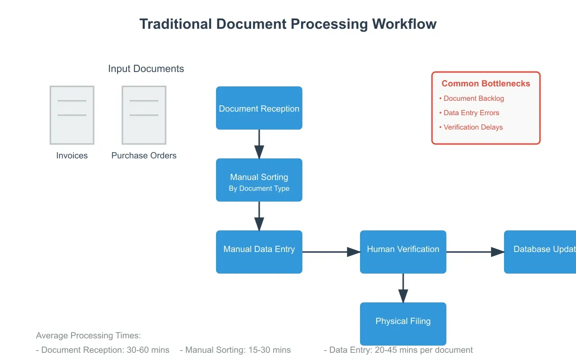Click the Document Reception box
(259, 108)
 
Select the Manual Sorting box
(259, 180)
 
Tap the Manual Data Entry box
(259, 252)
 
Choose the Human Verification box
(403, 252)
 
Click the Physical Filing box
(403, 324)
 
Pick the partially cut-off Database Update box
(540, 252)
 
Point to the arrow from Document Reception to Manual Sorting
(259, 144)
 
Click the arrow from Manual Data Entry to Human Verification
(331, 252)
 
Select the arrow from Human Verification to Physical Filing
(403, 288)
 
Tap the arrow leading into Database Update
(475, 252)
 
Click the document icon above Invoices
(72, 115)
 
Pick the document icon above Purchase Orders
(144, 115)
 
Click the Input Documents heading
(146, 69)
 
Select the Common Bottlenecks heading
(486, 84)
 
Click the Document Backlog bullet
(473, 99)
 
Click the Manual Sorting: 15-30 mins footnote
(235, 350)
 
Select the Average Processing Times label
(88, 336)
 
